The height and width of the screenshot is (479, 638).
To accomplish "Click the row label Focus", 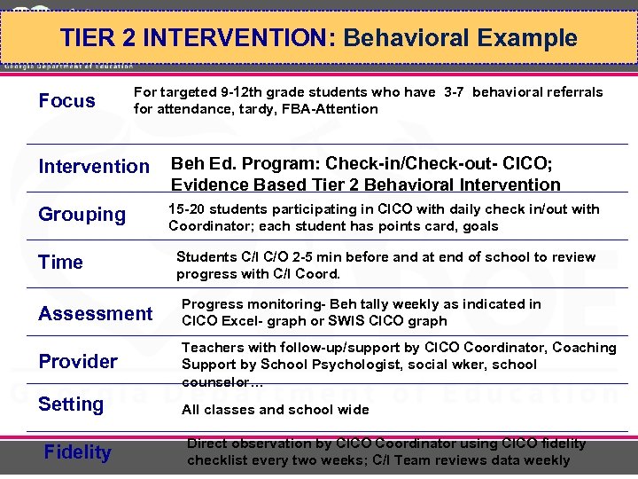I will pyautogui.click(x=66, y=100).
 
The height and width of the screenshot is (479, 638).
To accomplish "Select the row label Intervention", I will pyautogui.click(x=94, y=166).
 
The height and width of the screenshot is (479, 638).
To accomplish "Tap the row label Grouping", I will pyautogui.click(x=82, y=214).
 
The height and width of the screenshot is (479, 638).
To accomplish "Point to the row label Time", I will pyautogui.click(x=60, y=262).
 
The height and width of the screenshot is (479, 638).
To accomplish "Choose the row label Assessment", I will pyautogui.click(x=95, y=313).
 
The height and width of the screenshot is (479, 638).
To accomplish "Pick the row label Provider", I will pyautogui.click(x=78, y=361).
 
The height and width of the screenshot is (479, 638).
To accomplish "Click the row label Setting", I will pyautogui.click(x=71, y=404).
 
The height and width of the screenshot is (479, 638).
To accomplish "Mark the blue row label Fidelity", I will pyautogui.click(x=78, y=452).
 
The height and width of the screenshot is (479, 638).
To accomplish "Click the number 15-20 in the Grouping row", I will pyautogui.click(x=187, y=209).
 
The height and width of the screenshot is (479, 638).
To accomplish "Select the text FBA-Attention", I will pyautogui.click(x=330, y=109).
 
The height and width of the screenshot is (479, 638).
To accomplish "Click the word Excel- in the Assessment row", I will pyautogui.click(x=238, y=321).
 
